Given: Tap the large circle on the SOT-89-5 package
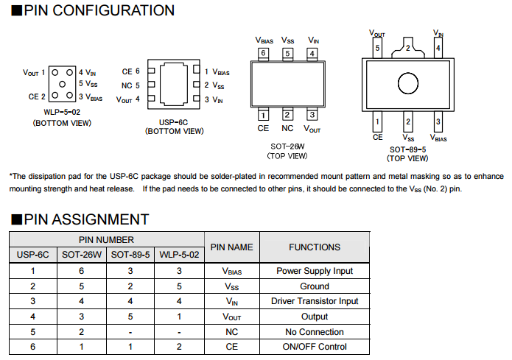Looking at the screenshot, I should coord(407,82).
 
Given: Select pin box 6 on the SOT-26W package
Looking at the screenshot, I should coord(263,54).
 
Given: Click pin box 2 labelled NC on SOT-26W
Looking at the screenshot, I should coord(287,115).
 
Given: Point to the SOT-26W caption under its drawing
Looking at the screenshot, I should coord(287,147).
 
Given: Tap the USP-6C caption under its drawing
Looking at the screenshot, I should coord(174,122).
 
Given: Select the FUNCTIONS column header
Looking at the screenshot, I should coord(315,247).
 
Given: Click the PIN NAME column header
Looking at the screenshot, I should coord(231,247).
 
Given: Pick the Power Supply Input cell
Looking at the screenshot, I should coord(315,271).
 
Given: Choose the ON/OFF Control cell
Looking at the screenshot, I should coord(315,347).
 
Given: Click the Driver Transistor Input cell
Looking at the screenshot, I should coord(315,301).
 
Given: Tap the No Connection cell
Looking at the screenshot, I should coord(315,331).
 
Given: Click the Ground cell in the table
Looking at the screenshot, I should coord(315,286).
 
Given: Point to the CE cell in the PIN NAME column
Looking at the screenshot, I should coord(231,347).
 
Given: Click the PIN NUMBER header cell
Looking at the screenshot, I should coord(106,240).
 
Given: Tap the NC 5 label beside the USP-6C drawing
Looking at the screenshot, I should coord(130,85).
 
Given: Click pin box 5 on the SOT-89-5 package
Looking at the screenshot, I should coord(377,49).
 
